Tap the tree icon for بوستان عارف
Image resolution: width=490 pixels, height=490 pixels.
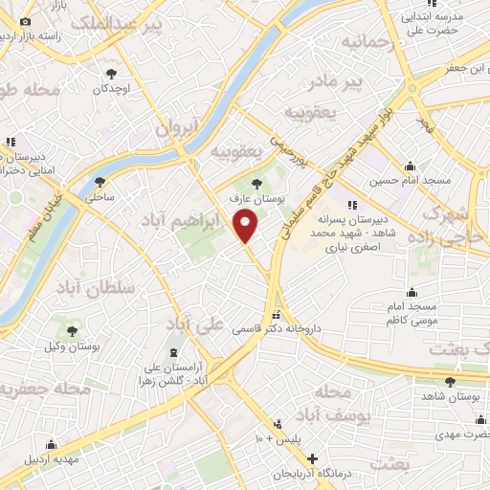[256, 182]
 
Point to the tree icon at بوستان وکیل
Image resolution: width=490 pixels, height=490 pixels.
[72, 330]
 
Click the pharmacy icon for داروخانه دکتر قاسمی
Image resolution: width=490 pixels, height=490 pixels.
[277, 315]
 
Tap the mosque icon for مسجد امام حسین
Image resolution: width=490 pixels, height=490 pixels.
[410, 166]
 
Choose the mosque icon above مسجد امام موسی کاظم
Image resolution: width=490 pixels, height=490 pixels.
[412, 291]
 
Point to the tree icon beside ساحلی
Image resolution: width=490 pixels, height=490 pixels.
[99, 181]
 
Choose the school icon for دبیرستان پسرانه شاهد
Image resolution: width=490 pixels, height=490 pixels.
[352, 204]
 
